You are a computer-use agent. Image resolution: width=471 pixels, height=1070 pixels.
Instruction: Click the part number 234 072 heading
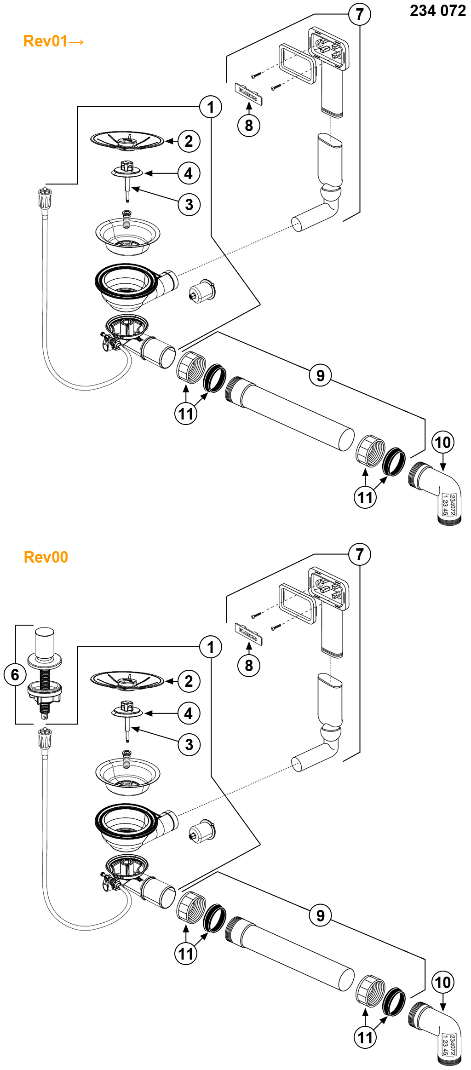pyautogui.click(x=437, y=11)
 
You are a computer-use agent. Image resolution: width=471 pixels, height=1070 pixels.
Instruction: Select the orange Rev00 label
pyautogui.click(x=46, y=557)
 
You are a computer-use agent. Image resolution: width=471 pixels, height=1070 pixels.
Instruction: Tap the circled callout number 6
pyautogui.click(x=15, y=675)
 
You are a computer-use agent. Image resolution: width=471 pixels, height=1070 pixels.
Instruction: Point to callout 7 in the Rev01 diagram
pyautogui.click(x=359, y=14)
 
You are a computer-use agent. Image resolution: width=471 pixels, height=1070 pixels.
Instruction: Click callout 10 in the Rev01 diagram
pyautogui.click(x=442, y=443)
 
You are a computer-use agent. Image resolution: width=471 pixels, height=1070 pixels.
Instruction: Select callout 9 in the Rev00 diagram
pyautogui.click(x=320, y=915)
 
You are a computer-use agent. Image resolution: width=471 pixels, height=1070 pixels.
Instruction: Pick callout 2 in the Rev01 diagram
pyautogui.click(x=189, y=141)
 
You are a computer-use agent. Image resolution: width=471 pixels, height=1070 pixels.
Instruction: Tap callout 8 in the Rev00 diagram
pyautogui.click(x=249, y=665)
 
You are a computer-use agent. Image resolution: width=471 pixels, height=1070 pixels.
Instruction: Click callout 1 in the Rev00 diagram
pyautogui.click(x=211, y=647)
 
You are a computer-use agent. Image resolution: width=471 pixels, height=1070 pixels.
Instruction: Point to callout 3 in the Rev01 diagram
pyautogui.click(x=189, y=205)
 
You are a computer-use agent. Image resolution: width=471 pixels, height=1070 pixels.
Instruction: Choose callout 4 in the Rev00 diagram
pyautogui.click(x=189, y=713)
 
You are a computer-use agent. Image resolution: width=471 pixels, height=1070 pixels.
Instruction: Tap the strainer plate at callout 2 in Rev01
pyautogui.click(x=127, y=140)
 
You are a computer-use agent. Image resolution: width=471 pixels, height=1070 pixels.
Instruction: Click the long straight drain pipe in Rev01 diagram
pyautogui.click(x=294, y=414)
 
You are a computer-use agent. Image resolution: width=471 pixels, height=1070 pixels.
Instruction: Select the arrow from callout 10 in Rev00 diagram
pyautogui.click(x=442, y=1004)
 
